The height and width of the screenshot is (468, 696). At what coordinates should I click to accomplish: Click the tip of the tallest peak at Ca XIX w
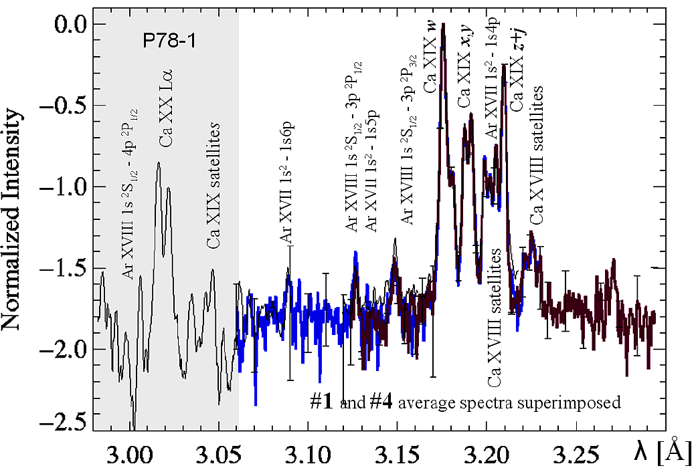[443, 25]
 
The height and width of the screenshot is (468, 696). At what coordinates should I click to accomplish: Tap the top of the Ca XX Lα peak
[159, 162]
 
